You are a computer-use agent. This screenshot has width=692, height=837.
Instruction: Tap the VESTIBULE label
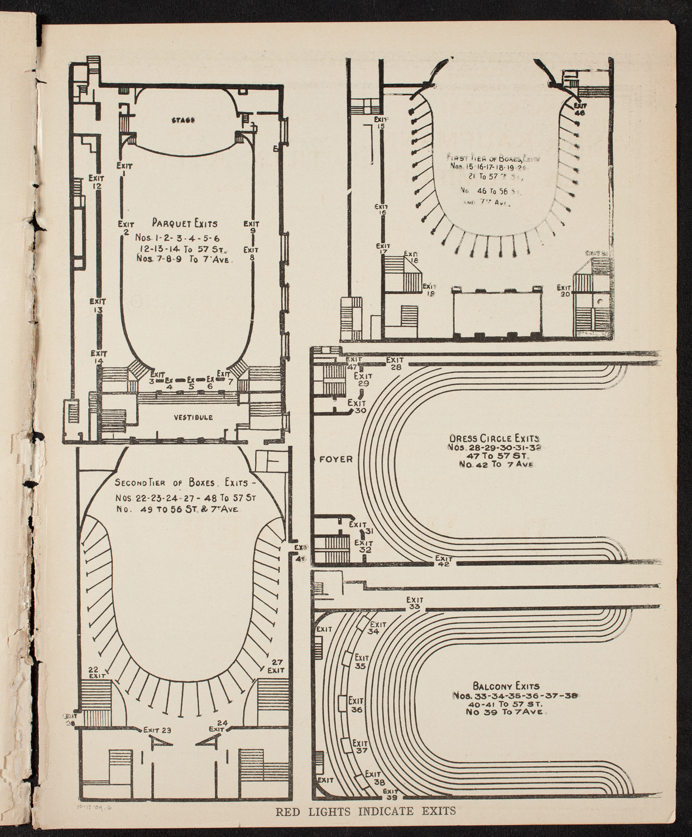[x=193, y=417]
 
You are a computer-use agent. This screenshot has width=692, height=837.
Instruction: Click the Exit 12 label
[x=96, y=182]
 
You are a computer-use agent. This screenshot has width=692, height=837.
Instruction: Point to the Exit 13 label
[x=98, y=306]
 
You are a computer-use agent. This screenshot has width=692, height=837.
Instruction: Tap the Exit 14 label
[x=99, y=357]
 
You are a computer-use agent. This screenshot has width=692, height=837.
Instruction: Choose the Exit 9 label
[x=252, y=228]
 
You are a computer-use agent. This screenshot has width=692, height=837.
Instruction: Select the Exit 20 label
[x=564, y=291]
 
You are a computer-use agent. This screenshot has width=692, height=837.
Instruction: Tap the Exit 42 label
[x=444, y=561]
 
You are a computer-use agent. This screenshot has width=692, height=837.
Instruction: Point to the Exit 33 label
[x=414, y=604]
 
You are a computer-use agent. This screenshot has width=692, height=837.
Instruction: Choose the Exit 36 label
[x=356, y=705]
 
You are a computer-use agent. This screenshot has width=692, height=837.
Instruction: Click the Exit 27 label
[x=276, y=666]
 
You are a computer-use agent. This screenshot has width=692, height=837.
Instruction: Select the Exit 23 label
[x=157, y=729]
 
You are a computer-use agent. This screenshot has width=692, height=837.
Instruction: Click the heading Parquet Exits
[x=185, y=224]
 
